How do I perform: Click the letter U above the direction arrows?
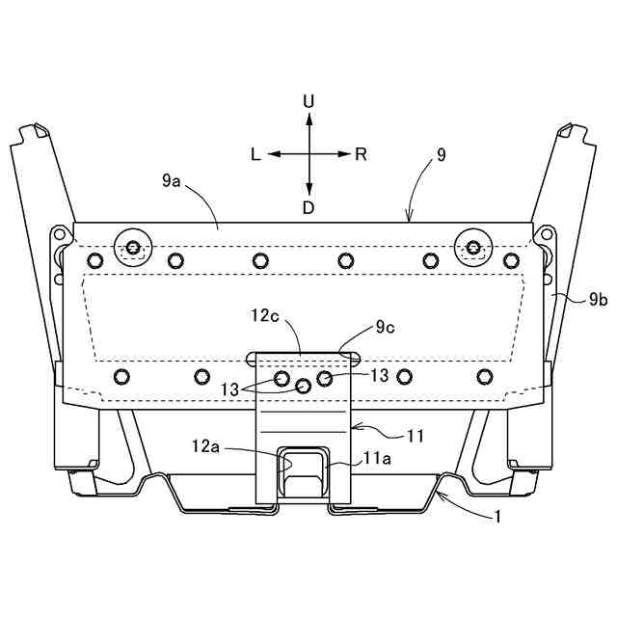[308, 100]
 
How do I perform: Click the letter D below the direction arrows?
[308, 208]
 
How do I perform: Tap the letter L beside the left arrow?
[255, 154]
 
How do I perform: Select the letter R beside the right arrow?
[361, 154]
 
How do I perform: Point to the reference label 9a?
[172, 179]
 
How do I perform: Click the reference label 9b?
[598, 300]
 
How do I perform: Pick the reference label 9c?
[386, 328]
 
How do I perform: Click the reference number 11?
[415, 436]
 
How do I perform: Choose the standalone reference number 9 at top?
[442, 154]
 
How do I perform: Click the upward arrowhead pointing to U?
[308, 118]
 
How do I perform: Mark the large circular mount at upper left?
[132, 248]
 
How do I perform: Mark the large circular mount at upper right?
[472, 248]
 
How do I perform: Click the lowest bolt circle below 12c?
[304, 386]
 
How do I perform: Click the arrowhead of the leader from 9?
[410, 219]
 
